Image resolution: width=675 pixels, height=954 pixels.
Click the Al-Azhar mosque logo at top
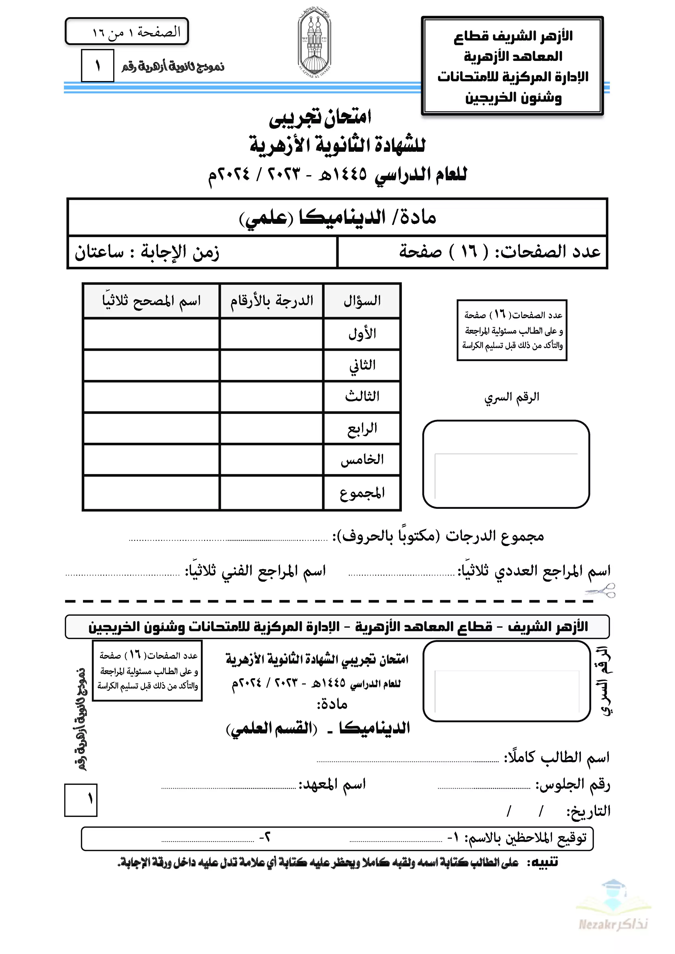pos(314,43)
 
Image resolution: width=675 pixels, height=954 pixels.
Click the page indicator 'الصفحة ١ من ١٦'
pos(136,32)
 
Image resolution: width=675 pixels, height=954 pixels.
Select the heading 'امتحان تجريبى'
pos(320,117)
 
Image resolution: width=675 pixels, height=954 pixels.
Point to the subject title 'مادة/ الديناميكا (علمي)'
pos(337,217)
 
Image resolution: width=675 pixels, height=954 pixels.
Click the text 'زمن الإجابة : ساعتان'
pos(146,252)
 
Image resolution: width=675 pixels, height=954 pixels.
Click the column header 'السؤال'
pos(362,301)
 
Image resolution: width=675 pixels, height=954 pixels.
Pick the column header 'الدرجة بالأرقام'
pos(272,301)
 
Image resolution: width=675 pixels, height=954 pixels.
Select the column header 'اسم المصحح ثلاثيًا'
pos(151,301)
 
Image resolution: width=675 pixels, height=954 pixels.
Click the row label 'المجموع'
pos(362,493)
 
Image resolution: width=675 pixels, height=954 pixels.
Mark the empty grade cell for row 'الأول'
pos(272,334)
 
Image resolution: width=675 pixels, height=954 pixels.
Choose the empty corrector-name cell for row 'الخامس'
pos(151,460)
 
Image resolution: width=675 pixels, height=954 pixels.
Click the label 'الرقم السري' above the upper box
pos(512,397)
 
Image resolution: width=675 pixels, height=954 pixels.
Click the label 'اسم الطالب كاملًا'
pos(557,757)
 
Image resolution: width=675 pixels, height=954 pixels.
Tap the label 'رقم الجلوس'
pos(572,785)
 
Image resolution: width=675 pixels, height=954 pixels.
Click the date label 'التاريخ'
pos(588,811)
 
